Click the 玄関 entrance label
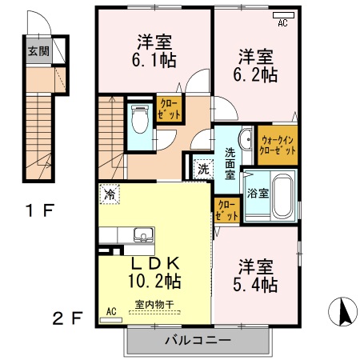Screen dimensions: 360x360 tap(38, 51)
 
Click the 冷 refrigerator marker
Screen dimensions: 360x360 tap(108, 194)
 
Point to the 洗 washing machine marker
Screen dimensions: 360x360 tap(203, 169)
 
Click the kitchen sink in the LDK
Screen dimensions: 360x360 tap(143, 234)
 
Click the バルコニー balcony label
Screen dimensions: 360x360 tap(198, 341)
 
